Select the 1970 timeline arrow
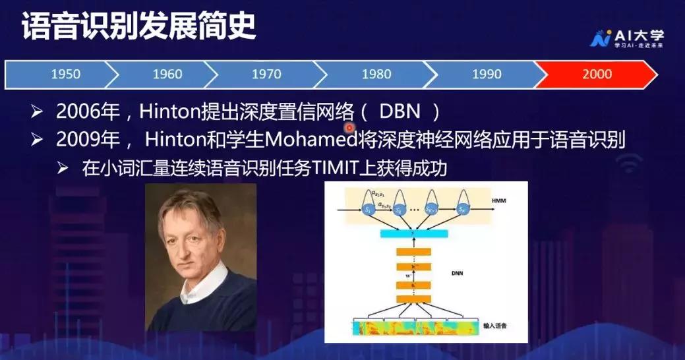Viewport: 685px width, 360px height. pyautogui.click(x=266, y=75)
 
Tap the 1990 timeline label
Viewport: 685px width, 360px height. pyautogui.click(x=487, y=75)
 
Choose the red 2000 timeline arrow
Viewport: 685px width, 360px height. pyautogui.click(x=597, y=75)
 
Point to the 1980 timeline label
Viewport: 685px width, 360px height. pyautogui.click(x=376, y=75)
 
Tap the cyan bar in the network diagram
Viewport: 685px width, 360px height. pyautogui.click(x=413, y=234)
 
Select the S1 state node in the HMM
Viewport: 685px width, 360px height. pyautogui.click(x=369, y=209)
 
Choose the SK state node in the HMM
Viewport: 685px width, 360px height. pyautogui.click(x=462, y=209)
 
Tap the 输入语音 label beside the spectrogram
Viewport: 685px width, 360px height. pyautogui.click(x=496, y=325)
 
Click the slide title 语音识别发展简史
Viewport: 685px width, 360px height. pyautogui.click(x=138, y=28)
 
